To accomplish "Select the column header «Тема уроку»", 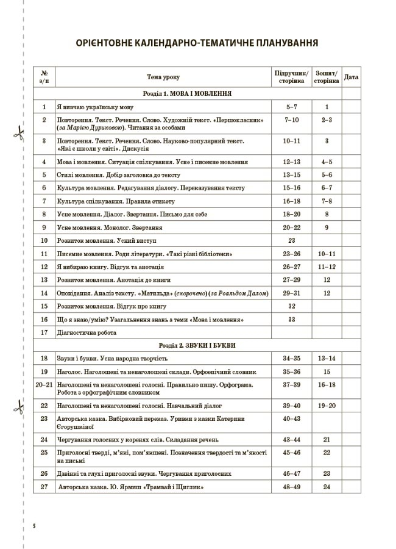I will (163, 77).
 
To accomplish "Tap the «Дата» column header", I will (352, 77).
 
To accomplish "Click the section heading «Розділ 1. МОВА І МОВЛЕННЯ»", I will (186, 94).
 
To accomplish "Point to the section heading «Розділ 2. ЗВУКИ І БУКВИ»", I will (186, 345).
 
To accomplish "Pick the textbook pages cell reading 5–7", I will (291, 107).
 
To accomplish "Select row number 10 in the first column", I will (44, 240).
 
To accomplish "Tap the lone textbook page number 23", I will (291, 240).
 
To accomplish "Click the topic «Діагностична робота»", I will (86, 332).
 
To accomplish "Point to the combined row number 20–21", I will (44, 386).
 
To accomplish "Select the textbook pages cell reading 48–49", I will (291, 487).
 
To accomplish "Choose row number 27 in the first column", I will (44, 487).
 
